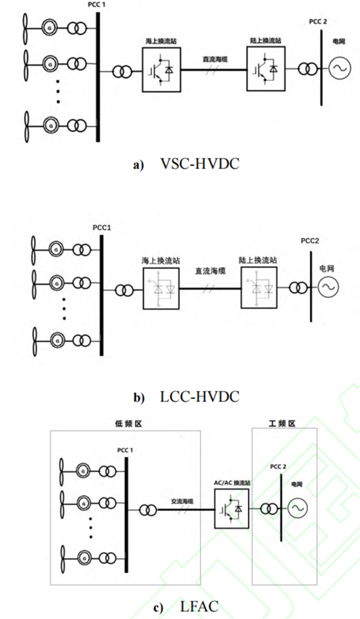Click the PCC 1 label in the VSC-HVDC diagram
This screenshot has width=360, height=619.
click(x=96, y=5)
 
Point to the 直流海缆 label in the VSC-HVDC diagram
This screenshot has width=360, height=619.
click(x=215, y=60)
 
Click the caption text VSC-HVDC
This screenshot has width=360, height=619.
click(x=200, y=164)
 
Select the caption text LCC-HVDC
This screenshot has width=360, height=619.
click(x=200, y=397)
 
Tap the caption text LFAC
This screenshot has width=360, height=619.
click(x=199, y=606)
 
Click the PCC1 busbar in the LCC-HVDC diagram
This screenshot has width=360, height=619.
click(x=101, y=295)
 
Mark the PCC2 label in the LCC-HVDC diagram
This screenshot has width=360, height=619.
click(x=310, y=241)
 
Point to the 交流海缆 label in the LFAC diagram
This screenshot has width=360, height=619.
click(x=182, y=501)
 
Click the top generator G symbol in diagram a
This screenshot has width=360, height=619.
click(x=50, y=28)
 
